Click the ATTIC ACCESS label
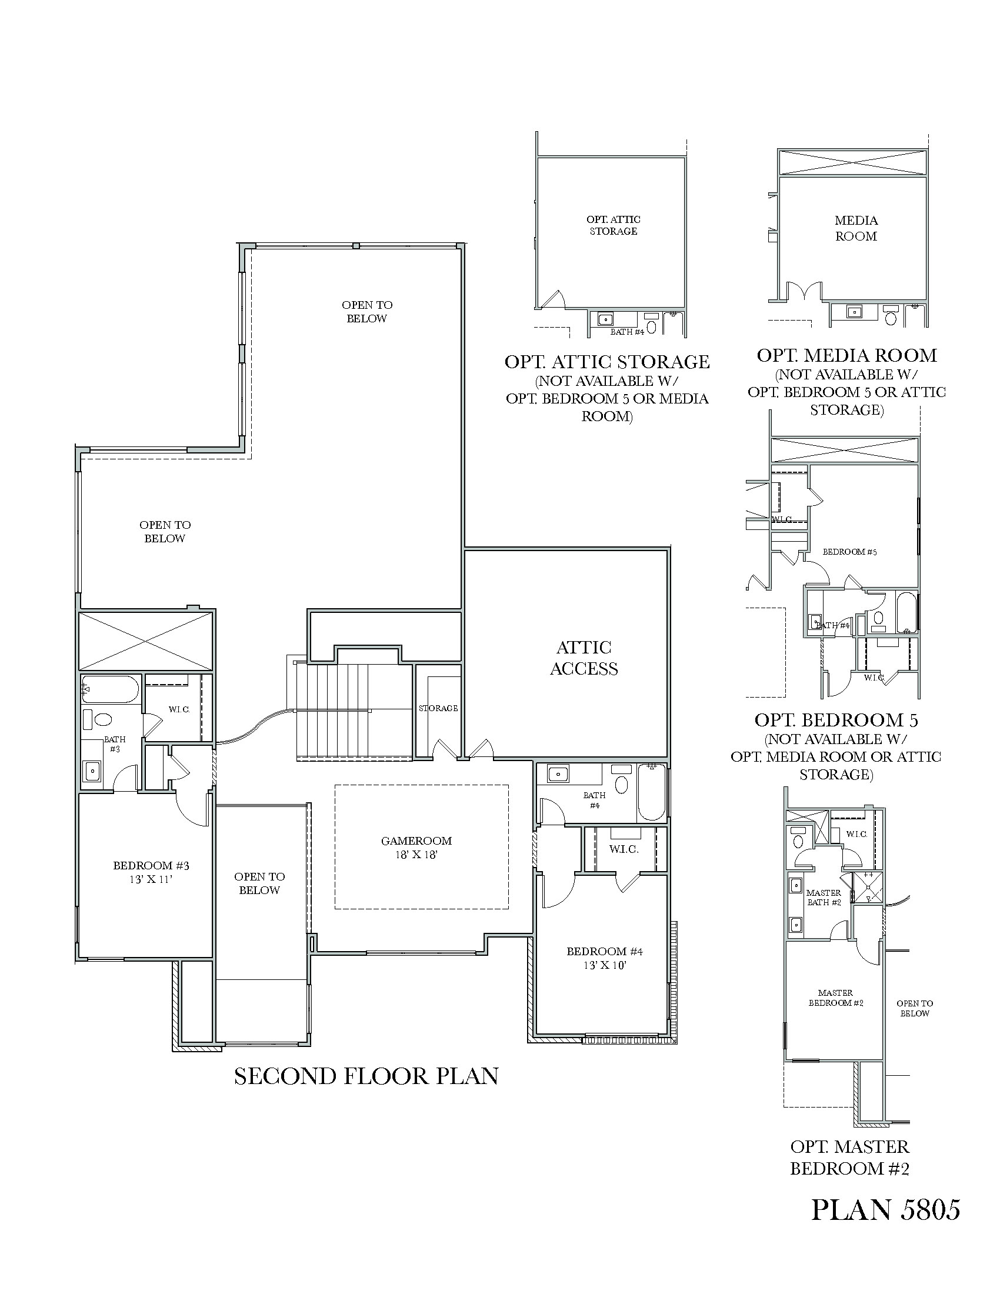point(584,658)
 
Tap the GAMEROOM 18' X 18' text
point(416,847)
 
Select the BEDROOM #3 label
point(151,872)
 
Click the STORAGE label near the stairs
point(438,708)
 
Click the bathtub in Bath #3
point(110,689)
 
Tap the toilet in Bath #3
point(103,720)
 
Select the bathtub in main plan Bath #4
point(651,793)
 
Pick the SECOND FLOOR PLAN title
point(366,1076)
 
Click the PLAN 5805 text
point(885,1209)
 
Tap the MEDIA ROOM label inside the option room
point(855,228)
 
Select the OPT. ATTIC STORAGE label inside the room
point(613,225)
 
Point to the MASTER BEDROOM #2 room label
point(835,998)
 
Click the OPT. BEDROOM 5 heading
point(836,720)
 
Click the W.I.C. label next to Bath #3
point(178,709)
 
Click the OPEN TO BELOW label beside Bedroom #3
point(259,883)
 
